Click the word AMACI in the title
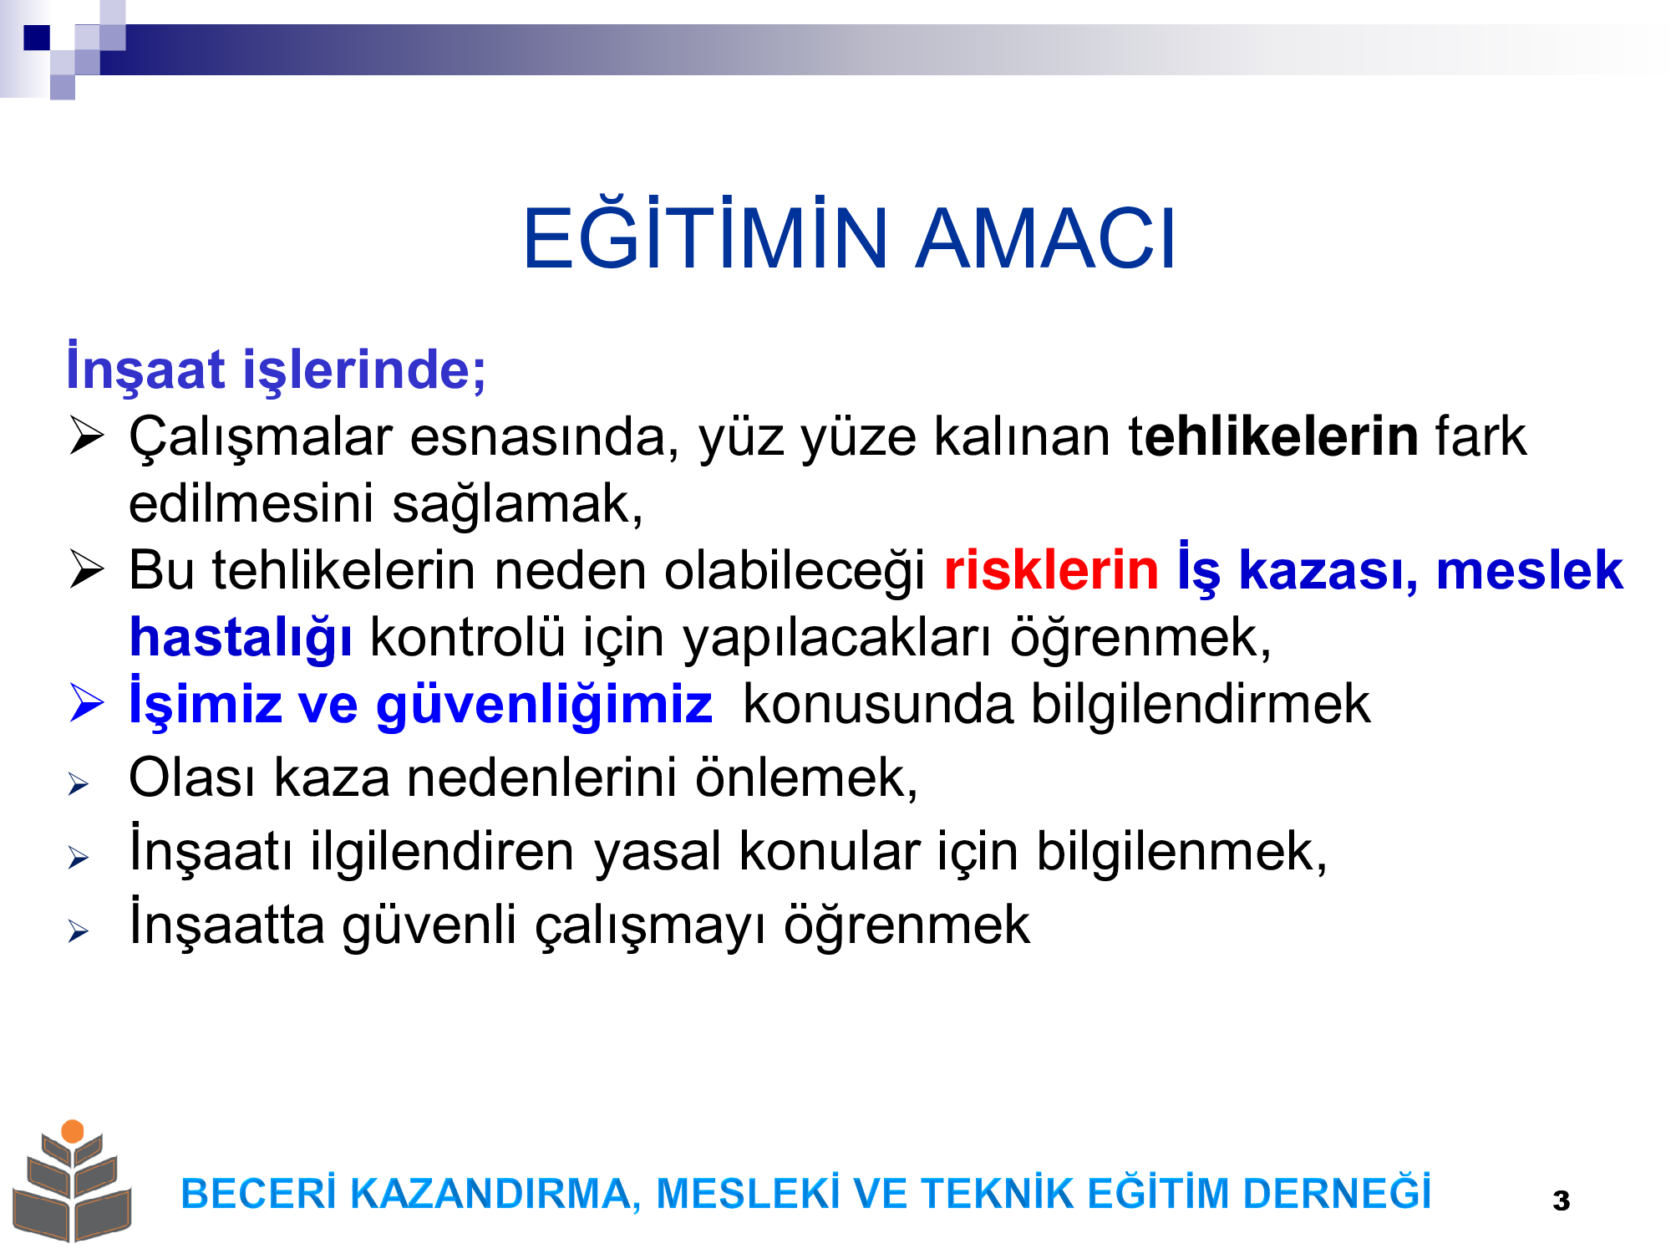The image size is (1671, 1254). (1046, 239)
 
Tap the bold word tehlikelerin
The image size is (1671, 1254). (1273, 436)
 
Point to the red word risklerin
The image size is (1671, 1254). (1051, 570)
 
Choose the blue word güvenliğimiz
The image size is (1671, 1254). (544, 706)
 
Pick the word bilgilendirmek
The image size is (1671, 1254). (1200, 704)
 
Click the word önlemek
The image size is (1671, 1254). (806, 778)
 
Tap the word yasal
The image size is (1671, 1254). (658, 854)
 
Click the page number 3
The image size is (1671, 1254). (1561, 1201)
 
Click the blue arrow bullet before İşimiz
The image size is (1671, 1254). (87, 702)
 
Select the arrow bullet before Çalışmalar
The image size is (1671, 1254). (87, 436)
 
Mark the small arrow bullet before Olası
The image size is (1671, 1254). (79, 783)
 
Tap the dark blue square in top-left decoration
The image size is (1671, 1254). (37, 38)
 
